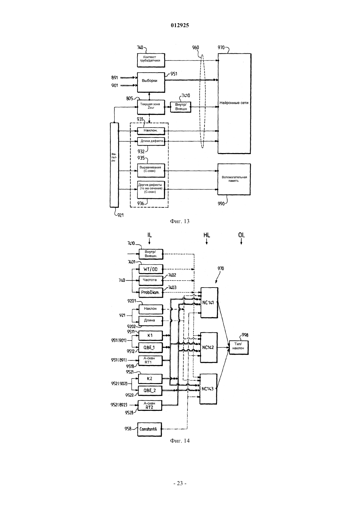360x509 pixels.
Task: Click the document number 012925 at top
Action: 180,25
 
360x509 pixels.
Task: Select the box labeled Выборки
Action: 151,82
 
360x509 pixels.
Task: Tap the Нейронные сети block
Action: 234,104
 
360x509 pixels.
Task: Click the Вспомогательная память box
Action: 234,179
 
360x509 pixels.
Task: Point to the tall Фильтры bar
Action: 114,165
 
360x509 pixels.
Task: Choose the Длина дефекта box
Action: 151,141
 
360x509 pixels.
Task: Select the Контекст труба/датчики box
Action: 151,60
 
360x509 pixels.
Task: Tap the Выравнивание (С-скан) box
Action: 151,170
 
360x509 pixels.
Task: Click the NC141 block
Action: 209,303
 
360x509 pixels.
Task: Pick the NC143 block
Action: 208,389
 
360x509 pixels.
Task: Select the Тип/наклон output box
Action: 239,347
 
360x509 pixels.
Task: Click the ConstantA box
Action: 150,429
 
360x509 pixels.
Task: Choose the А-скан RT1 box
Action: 151,360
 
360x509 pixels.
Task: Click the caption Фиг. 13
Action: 180,221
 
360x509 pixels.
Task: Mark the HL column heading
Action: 207,235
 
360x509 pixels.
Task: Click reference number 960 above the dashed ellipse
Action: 195,47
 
